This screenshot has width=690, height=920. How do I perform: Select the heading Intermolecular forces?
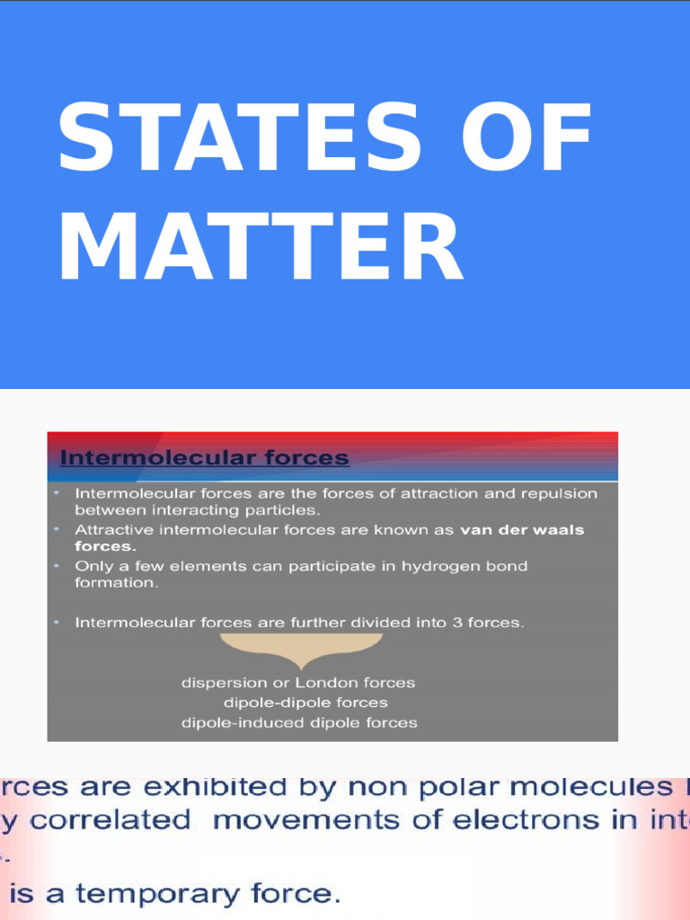pos(204,458)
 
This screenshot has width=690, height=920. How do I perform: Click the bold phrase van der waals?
pos(522,530)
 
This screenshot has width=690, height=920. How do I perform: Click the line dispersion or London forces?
pos(298,683)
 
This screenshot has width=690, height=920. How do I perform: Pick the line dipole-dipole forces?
pos(305,703)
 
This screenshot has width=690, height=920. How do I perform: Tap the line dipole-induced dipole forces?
pos(299,722)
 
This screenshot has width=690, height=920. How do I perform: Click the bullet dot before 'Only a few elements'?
pos(57,566)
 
